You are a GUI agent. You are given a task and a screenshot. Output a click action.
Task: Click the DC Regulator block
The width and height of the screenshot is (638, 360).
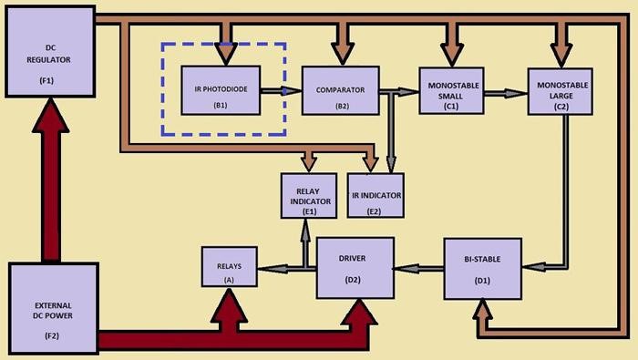50,52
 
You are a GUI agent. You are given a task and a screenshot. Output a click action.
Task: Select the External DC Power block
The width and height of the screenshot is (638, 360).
53,308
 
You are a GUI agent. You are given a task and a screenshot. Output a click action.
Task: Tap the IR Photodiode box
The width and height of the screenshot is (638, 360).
221,90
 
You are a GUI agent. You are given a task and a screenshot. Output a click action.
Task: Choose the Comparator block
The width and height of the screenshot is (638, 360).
341,91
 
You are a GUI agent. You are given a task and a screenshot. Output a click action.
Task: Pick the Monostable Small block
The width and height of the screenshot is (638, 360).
451,91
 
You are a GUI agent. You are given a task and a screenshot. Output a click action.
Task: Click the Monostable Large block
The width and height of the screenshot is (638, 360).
561,91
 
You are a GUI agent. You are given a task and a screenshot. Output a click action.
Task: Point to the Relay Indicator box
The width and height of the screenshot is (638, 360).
309,196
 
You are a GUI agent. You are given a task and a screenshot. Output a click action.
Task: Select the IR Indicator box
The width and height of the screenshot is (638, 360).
376,195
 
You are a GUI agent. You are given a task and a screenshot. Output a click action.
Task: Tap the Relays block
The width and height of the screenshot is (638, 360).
230,266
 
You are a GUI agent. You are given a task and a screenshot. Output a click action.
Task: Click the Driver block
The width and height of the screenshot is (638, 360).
355,268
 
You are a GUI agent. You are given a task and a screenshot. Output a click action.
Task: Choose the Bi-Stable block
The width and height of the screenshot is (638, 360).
482,269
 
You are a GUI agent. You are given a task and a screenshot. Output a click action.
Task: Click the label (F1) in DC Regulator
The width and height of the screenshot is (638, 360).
46,80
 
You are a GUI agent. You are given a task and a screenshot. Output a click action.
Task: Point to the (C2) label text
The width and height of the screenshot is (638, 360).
561,107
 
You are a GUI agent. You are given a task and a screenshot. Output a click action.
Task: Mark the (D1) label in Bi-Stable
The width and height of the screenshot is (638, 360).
482,281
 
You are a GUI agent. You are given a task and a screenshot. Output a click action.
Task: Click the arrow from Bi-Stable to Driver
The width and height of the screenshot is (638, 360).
417,269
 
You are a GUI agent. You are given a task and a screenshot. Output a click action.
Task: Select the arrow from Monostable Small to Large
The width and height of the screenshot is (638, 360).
505,94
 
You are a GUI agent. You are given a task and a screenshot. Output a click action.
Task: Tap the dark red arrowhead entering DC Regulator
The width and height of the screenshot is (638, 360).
50,116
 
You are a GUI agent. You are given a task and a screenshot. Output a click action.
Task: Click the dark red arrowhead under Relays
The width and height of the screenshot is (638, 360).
229,306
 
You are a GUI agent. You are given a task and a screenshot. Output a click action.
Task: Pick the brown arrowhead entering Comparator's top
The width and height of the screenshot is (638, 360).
342,55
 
